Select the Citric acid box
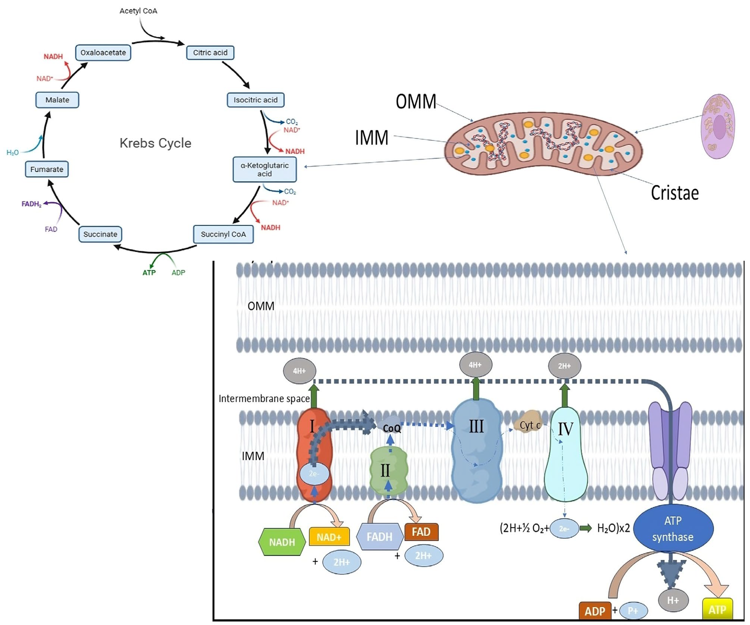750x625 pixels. [x=210, y=52]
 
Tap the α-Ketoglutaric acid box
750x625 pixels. [x=264, y=169]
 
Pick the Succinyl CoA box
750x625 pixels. [x=223, y=234]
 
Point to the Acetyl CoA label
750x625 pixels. [x=138, y=11]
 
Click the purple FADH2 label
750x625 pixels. [x=31, y=204]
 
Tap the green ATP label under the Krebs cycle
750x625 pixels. [x=149, y=273]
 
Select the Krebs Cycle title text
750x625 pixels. [x=155, y=143]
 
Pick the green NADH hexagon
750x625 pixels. [x=282, y=542]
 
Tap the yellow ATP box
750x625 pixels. [x=717, y=609]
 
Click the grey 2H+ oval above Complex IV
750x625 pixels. [x=564, y=366]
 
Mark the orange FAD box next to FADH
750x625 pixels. [x=421, y=532]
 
